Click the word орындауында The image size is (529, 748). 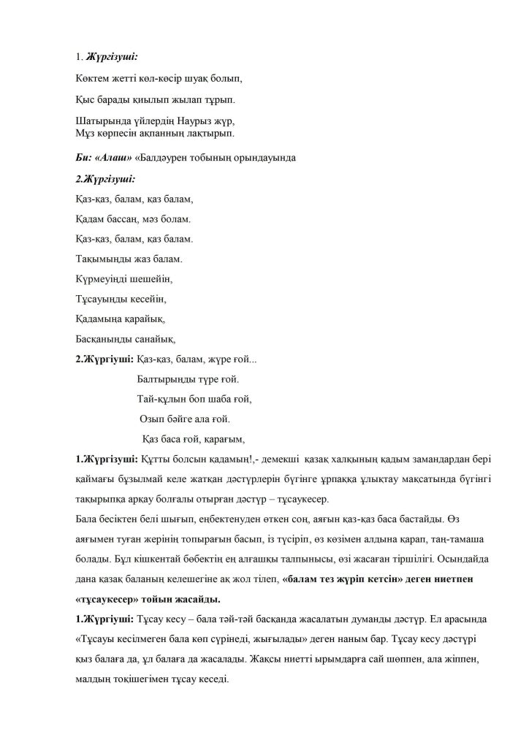pyautogui.click(x=263, y=159)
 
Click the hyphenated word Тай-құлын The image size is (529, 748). pyautogui.click(x=167, y=399)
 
